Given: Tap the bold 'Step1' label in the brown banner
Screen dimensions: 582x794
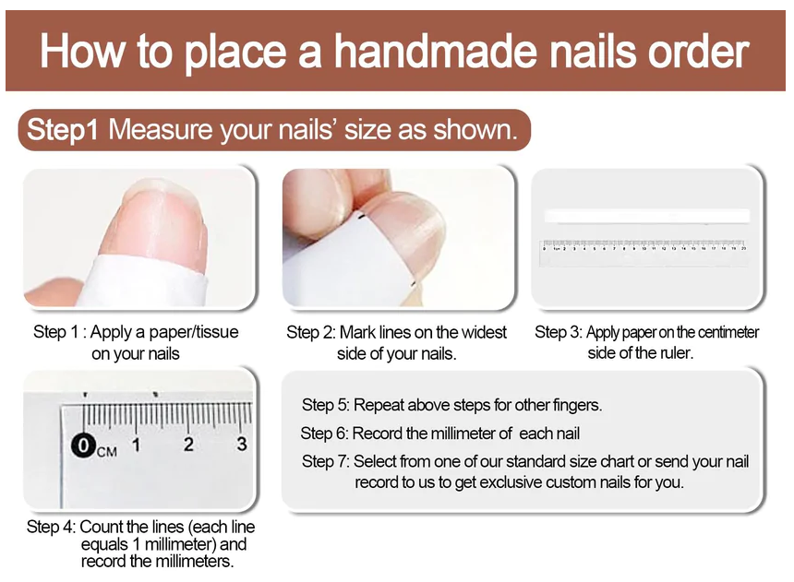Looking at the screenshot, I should coord(62,130).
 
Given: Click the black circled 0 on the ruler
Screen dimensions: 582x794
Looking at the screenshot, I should coord(83,446).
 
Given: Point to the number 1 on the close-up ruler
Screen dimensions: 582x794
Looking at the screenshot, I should coord(136,445).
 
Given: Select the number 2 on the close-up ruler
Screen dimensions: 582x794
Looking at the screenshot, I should coord(188,445).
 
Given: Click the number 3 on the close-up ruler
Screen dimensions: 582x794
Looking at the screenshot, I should coord(241,445).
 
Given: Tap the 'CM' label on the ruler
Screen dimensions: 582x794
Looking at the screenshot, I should coord(106,451).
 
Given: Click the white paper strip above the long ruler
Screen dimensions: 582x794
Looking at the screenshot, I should coord(646,216).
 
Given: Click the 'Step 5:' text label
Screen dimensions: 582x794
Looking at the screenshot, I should coord(325,405).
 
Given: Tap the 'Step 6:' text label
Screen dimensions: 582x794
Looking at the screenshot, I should coord(324,434).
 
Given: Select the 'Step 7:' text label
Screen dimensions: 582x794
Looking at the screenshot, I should coord(325,461).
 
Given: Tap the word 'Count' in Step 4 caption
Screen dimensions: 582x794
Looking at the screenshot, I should coord(101,528).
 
